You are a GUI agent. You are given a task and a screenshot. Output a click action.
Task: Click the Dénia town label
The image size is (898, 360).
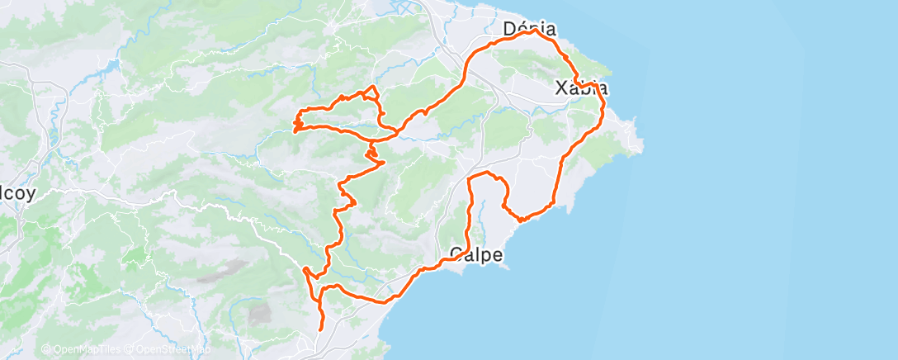529,30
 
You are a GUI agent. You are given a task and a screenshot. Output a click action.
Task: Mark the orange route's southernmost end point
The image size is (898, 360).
320,329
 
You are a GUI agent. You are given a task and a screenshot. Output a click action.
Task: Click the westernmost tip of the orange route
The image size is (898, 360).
294,129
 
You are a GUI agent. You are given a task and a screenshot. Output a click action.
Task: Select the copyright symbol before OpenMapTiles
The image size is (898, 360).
45,350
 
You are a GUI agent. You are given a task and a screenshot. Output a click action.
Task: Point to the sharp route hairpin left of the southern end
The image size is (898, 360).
305,269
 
